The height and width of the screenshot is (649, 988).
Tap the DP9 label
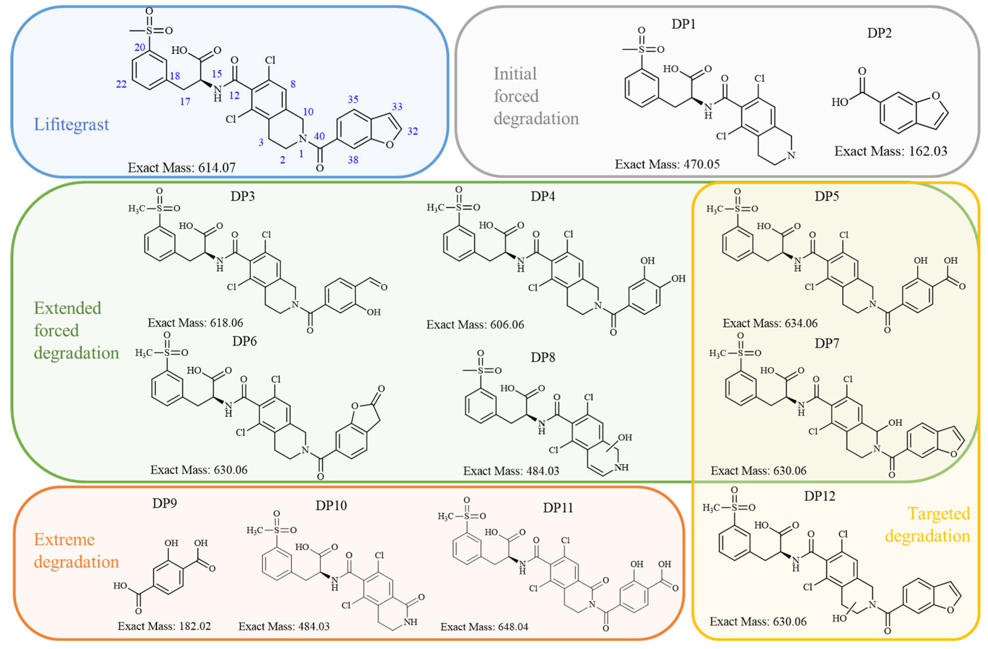click(x=164, y=503)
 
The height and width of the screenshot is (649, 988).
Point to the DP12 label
click(x=819, y=496)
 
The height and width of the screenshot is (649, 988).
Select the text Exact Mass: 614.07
click(x=181, y=168)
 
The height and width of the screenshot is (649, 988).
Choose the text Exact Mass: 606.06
click(x=475, y=325)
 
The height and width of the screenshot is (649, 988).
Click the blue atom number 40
click(x=319, y=137)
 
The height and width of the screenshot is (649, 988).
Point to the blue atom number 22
click(x=121, y=84)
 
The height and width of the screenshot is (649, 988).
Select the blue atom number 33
click(x=397, y=107)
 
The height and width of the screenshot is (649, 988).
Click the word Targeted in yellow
click(x=939, y=514)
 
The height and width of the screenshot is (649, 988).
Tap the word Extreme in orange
click(x=64, y=539)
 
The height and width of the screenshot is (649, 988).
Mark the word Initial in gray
click(x=515, y=74)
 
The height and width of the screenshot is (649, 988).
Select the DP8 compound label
click(x=543, y=357)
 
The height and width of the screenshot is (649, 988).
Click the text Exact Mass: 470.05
click(x=667, y=164)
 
